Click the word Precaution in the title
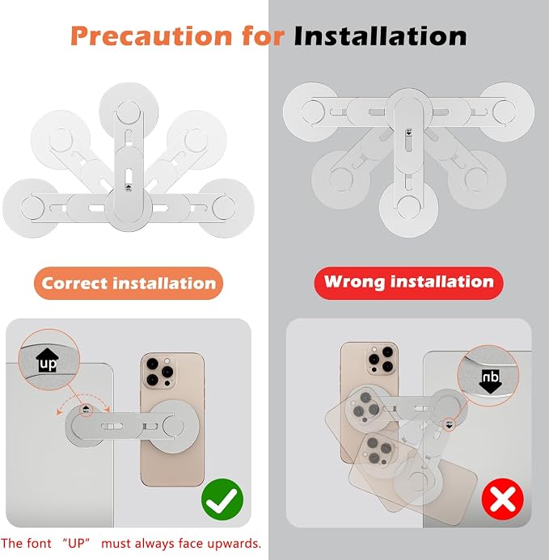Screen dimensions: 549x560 click(x=151, y=36)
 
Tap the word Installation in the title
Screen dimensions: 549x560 click(x=380, y=36)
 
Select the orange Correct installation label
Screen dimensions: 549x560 click(x=129, y=283)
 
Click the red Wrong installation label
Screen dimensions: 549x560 click(x=408, y=283)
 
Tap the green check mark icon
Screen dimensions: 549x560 click(x=222, y=499)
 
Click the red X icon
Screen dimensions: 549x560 click(x=503, y=499)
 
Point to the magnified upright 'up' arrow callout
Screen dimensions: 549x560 click(x=49, y=360)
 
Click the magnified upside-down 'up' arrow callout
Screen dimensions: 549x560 click(x=488, y=376)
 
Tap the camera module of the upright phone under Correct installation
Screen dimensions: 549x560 click(x=158, y=372)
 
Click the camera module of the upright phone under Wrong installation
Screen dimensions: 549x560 click(x=381, y=360)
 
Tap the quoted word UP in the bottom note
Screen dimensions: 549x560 click(x=76, y=543)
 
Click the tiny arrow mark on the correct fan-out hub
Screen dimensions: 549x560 click(x=129, y=187)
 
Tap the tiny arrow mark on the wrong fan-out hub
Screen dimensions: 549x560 click(x=409, y=133)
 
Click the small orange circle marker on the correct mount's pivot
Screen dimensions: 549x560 click(x=86, y=410)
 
